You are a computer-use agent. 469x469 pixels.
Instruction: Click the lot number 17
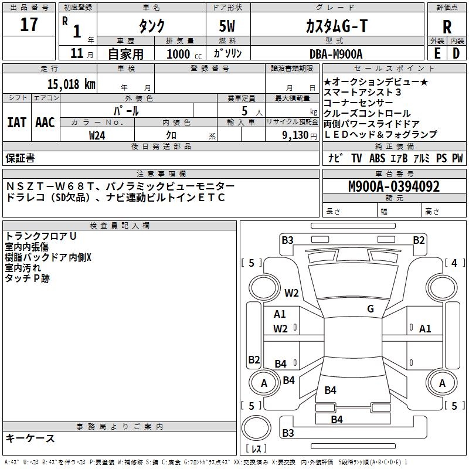coord(29,25)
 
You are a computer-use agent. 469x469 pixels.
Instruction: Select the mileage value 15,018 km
coord(71,84)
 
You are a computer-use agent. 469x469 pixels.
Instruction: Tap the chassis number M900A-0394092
coord(394,186)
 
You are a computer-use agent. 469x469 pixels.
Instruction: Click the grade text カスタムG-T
coord(337,26)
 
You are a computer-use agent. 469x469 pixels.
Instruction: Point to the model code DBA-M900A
coord(336,54)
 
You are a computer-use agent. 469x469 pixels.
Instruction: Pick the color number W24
coord(97,135)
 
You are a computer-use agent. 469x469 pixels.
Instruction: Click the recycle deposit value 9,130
coord(295,135)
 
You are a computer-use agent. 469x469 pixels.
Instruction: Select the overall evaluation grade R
coord(447,26)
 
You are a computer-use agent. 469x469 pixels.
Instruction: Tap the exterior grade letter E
coord(437,53)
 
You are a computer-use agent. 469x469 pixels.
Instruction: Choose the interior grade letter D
coord(456,53)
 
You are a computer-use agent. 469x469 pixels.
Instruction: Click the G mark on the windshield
coord(371,308)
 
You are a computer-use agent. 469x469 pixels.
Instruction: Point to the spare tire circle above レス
coord(256,428)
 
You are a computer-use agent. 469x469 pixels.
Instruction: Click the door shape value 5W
coord(227,26)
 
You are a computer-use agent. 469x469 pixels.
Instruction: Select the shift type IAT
coord(16,123)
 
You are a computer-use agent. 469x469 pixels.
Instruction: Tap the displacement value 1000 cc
coord(184,54)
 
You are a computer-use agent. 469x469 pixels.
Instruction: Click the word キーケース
coord(30,438)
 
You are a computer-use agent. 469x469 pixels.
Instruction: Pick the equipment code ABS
coord(377,158)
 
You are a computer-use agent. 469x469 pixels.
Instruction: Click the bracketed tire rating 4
coord(454,263)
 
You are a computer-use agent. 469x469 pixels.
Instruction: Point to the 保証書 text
coord(20,158)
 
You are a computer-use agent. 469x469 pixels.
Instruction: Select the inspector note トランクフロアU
coord(40,236)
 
